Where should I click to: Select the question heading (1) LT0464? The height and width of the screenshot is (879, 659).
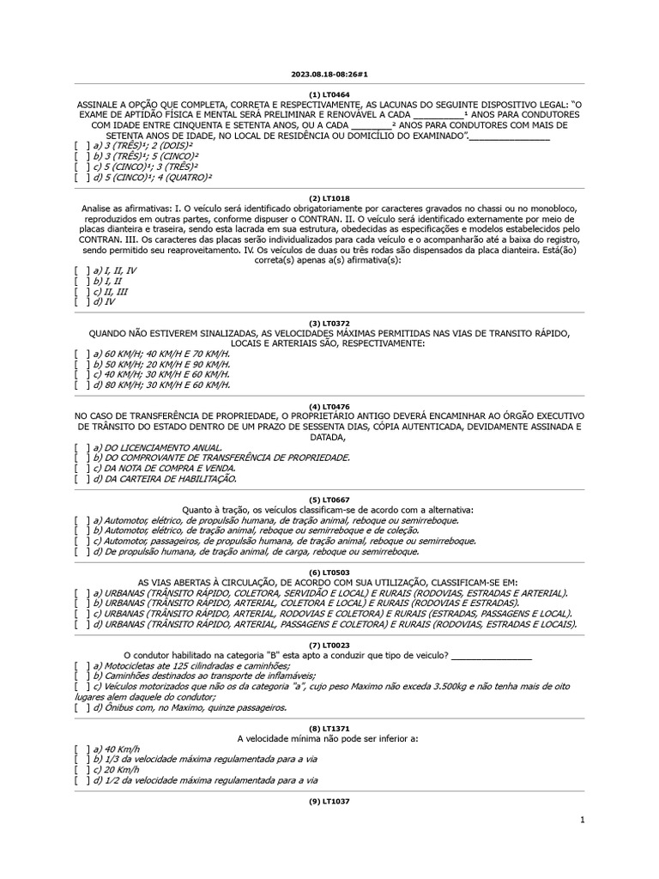329,94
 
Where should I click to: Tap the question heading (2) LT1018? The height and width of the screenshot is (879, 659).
329,197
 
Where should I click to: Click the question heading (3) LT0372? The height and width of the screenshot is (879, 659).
329,323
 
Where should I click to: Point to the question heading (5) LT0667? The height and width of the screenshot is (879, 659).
329,499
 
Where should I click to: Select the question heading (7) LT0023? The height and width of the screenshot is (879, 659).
329,645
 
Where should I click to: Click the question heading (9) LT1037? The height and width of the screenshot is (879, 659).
329,801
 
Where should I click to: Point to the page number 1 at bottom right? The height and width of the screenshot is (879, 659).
583,821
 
